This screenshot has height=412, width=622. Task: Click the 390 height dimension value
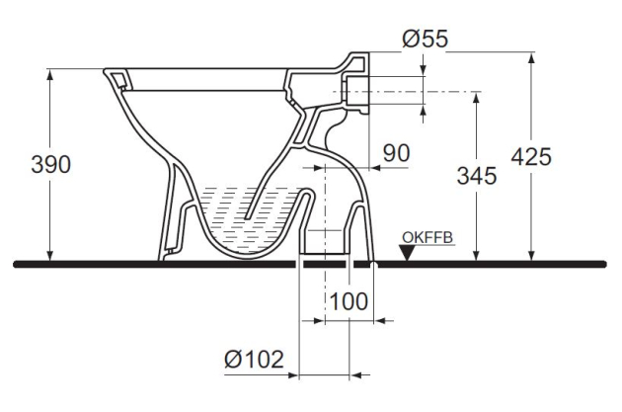point(51,165)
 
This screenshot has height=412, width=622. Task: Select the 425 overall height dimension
point(532,157)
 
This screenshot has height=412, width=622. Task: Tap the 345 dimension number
point(476,175)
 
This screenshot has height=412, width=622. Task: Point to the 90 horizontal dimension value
point(396,153)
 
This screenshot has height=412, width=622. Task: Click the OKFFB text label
point(427,238)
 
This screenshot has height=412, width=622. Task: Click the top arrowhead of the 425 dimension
point(532,56)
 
